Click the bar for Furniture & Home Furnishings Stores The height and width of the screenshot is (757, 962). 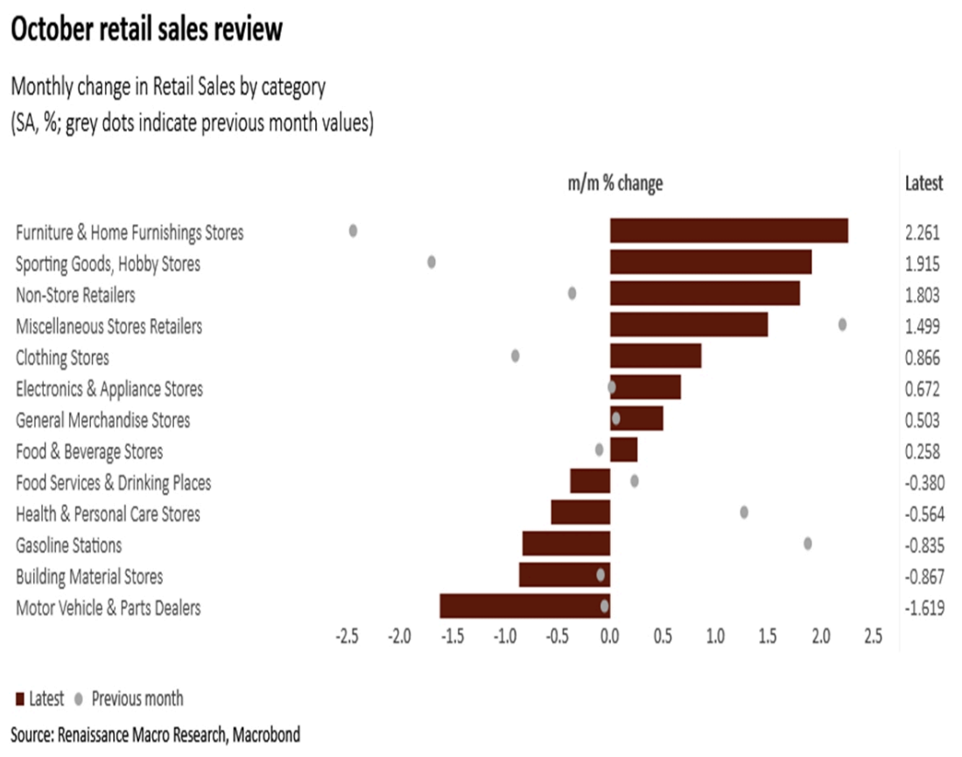tap(728, 230)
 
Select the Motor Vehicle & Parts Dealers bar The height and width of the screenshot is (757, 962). tap(524, 606)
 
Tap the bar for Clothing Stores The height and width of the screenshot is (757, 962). tap(656, 356)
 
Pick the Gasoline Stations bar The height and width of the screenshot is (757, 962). tap(565, 544)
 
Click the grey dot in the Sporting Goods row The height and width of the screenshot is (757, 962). tap(432, 262)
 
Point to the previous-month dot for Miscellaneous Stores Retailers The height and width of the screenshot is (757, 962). tap(842, 324)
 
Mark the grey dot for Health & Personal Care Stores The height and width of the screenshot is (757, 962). tap(744, 512)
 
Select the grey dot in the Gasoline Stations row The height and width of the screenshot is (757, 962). tap(807, 543)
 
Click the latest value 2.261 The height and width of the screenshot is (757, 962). tap(923, 232)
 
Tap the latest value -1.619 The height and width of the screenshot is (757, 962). tap(923, 607)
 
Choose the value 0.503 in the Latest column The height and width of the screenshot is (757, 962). tap(923, 420)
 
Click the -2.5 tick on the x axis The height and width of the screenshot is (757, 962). tap(347, 634)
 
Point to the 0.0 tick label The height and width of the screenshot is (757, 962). tap(609, 634)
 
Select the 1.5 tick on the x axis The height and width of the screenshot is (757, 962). tap(768, 634)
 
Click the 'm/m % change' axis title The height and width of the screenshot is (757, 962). tap(615, 183)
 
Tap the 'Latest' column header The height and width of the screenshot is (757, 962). tap(923, 183)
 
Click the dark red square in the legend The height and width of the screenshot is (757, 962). tap(19, 699)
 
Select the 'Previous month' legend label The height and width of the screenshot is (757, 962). tap(137, 698)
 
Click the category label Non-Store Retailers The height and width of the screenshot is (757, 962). tap(75, 294)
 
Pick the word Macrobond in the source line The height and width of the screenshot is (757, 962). tap(265, 734)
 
